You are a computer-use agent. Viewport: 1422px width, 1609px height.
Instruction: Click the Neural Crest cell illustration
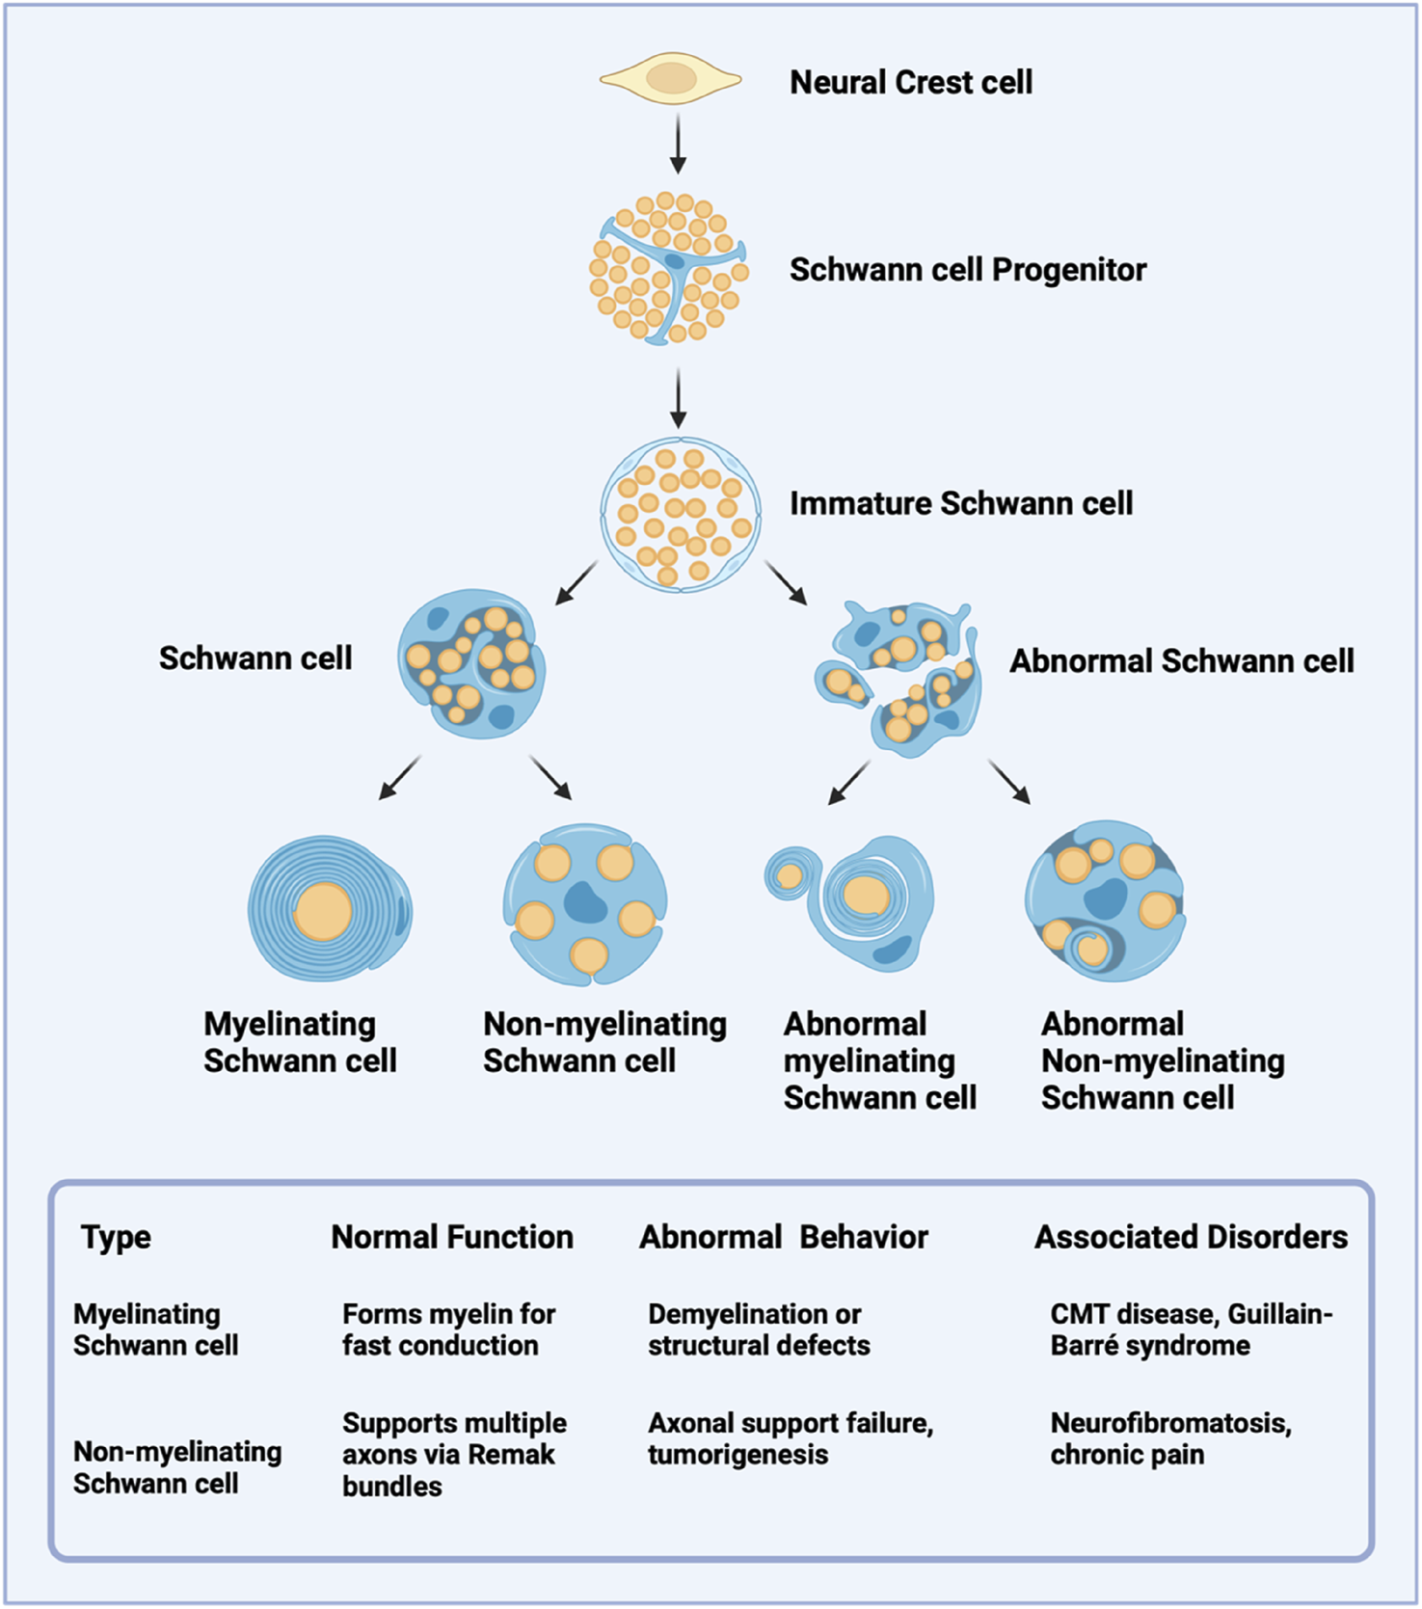click(671, 80)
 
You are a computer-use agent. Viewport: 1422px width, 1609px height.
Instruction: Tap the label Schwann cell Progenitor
click(967, 270)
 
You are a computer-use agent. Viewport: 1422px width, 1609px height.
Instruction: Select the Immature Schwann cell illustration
click(680, 514)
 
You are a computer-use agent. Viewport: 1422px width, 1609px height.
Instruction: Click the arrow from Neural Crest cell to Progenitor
click(678, 144)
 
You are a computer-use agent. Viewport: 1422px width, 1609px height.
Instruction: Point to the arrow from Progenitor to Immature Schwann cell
click(678, 397)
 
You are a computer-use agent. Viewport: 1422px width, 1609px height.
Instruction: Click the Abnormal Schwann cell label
click(1181, 661)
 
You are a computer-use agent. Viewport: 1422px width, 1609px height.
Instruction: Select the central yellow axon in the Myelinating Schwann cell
click(323, 911)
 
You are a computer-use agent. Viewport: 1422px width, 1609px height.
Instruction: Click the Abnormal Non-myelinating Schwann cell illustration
click(1105, 901)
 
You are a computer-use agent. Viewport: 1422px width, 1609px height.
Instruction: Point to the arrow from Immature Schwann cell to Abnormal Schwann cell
click(786, 583)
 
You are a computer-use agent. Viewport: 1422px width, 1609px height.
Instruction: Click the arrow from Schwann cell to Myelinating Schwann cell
click(400, 778)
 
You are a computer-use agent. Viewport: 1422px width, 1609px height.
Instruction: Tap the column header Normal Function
click(452, 1237)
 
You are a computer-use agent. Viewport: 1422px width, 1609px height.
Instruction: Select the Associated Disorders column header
click(1191, 1237)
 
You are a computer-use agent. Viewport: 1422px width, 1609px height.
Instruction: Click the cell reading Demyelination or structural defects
click(759, 1329)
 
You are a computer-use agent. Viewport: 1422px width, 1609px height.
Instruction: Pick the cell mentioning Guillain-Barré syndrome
click(1191, 1329)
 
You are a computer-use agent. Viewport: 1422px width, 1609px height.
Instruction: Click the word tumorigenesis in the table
click(738, 1455)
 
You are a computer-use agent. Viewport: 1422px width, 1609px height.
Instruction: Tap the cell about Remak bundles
click(453, 1454)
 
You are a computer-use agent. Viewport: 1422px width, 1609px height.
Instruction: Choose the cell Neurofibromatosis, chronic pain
click(1170, 1438)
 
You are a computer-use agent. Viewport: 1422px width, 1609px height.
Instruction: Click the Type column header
click(116, 1237)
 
